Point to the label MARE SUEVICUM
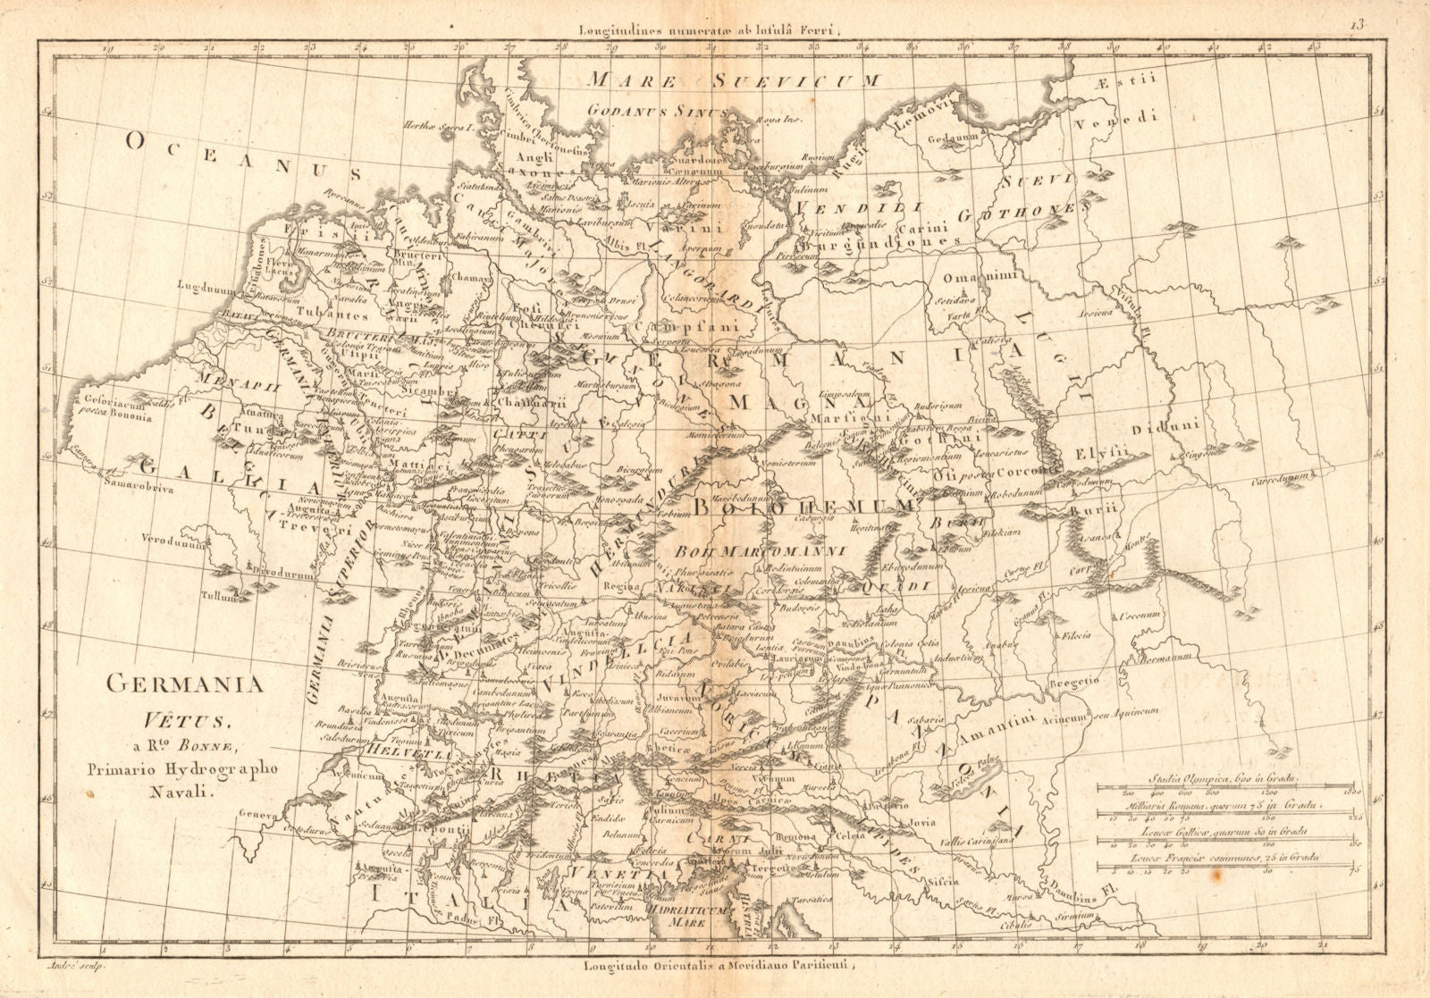(734, 80)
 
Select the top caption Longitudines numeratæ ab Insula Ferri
(711, 29)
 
